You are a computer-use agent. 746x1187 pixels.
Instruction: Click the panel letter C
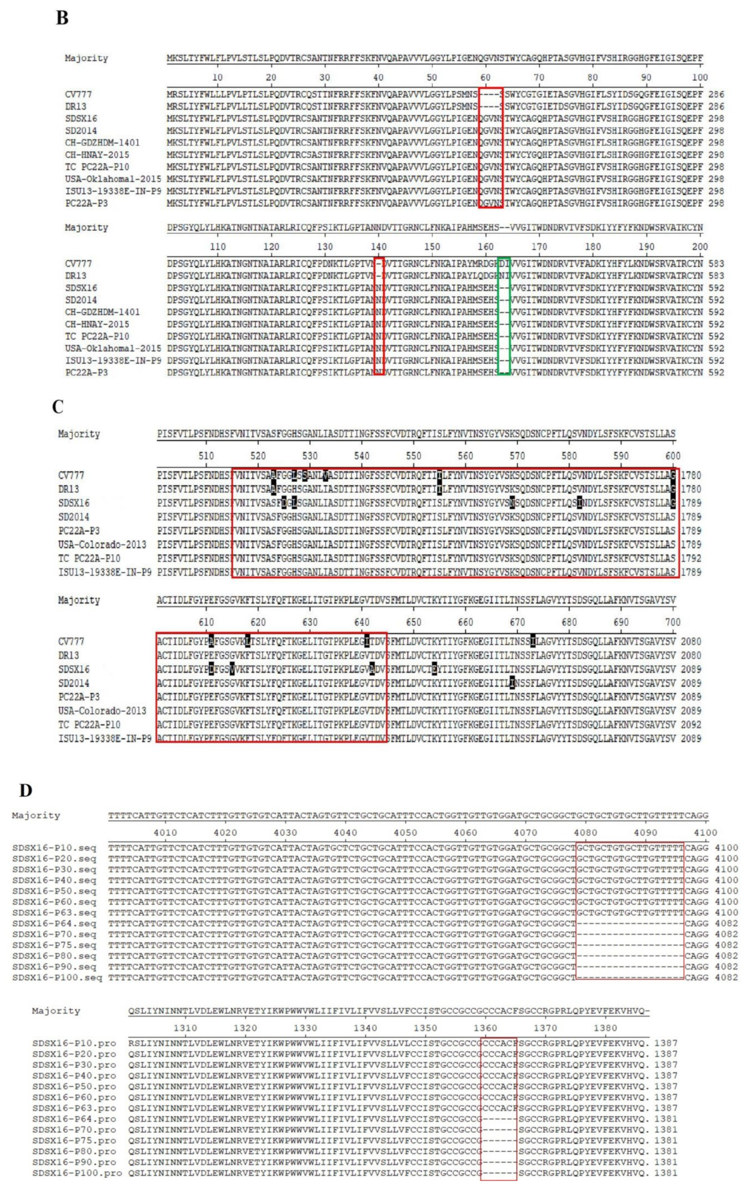(x=57, y=407)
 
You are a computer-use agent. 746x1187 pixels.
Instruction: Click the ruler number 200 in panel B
(x=700, y=247)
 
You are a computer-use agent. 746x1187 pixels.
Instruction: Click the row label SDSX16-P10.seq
(x=54, y=848)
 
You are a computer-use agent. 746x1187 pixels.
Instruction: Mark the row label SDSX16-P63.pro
(x=74, y=1108)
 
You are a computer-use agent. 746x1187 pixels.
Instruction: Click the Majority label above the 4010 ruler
(x=36, y=816)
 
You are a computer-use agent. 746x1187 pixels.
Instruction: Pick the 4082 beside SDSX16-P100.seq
(x=726, y=977)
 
